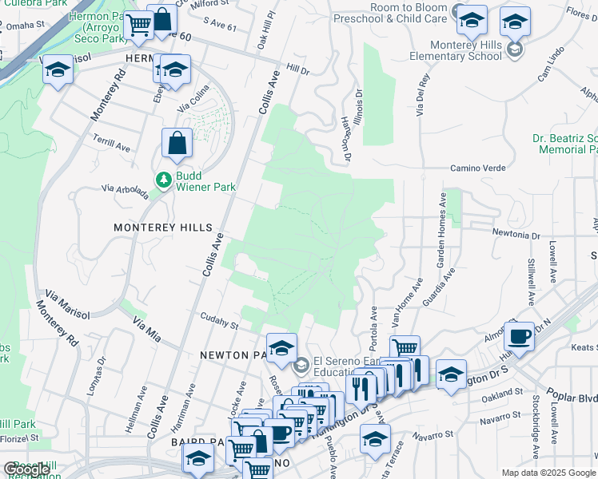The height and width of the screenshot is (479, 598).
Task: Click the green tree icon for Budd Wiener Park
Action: [164, 180]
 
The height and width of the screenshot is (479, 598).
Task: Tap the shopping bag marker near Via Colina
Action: [177, 143]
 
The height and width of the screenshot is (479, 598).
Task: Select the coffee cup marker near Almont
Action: [519, 335]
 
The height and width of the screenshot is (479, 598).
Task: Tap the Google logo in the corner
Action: [26, 469]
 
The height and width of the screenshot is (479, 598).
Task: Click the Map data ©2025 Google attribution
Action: [548, 473]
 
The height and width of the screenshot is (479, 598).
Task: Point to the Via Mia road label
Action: [147, 329]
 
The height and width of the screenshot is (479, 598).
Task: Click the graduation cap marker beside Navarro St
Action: [375, 439]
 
